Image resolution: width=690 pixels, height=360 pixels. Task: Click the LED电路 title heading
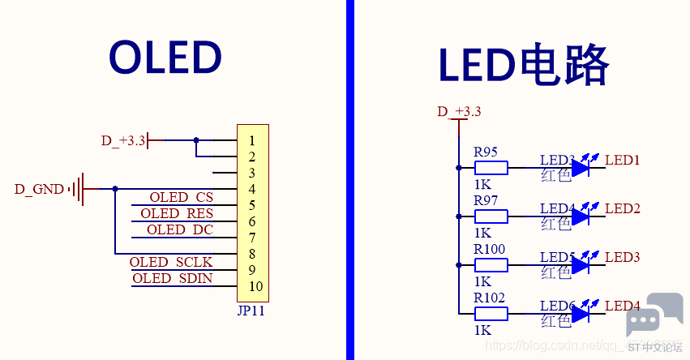pos(523,65)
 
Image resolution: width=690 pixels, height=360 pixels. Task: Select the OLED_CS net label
pos(182,197)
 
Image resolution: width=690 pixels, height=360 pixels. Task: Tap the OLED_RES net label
pos(177,213)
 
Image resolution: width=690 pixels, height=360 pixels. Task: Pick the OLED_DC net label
pos(180,229)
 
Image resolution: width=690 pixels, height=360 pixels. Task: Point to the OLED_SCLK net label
pos(171,262)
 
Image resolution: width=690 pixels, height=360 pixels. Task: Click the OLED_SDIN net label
pos(173,278)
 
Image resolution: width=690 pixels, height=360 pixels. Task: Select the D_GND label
pos(39,189)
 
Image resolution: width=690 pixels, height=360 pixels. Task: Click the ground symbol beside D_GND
pos(78,189)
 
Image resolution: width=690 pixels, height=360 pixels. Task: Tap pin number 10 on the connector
pos(255,286)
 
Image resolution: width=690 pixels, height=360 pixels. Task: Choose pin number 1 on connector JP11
pos(253,140)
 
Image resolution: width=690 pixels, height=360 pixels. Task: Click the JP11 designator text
pos(251,311)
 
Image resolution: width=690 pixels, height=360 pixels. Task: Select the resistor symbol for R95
pos(491,168)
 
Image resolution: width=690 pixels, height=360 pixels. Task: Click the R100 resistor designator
pos(490,249)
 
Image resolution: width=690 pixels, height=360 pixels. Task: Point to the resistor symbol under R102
pos(491,314)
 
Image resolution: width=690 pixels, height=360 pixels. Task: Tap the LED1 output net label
pos(623,160)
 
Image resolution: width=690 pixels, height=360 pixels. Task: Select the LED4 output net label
pos(623,306)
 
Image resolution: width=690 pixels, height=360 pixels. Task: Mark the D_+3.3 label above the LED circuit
pos(459,111)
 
